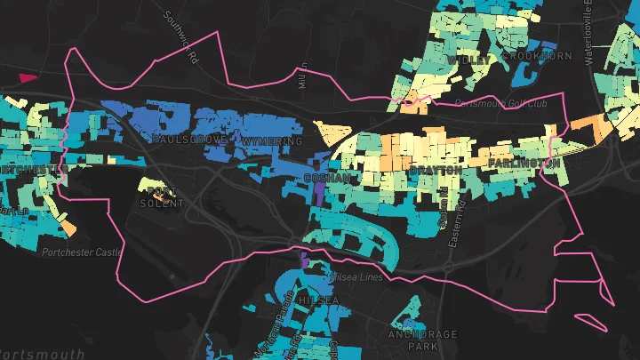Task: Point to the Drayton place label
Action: pyautogui.click(x=436, y=169)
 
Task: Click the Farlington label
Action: pyautogui.click(x=524, y=164)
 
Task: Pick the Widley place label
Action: pyautogui.click(x=468, y=60)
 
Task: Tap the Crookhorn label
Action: pyautogui.click(x=536, y=56)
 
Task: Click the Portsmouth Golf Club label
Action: pyautogui.click(x=500, y=103)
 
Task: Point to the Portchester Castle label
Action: pyautogui.click(x=82, y=252)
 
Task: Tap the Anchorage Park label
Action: pyautogui.click(x=423, y=340)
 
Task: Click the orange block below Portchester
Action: pyautogui.click(x=69, y=228)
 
